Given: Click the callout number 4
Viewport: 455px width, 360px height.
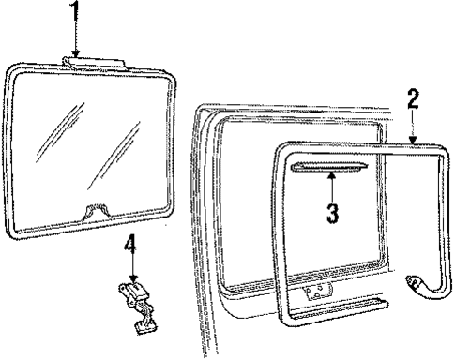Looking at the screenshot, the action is pos(131,248).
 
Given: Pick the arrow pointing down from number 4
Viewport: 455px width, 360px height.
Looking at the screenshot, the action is pos(132,272).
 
